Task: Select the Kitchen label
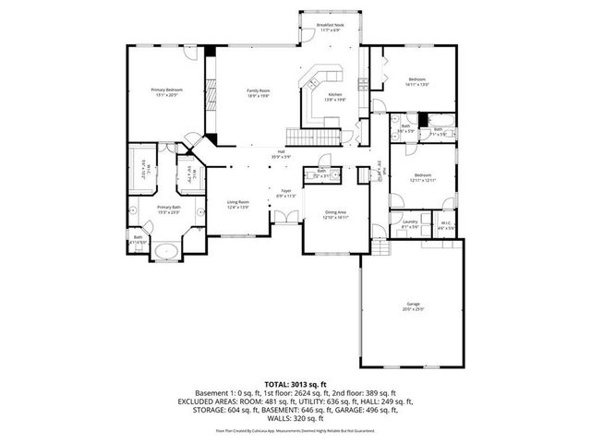(x=335, y=98)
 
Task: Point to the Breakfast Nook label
(x=330, y=28)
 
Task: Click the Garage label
(x=413, y=306)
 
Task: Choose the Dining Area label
(x=335, y=214)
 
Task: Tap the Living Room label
(x=238, y=204)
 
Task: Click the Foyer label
(x=286, y=194)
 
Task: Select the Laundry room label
(x=411, y=223)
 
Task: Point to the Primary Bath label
(x=167, y=210)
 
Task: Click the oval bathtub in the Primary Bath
(x=167, y=250)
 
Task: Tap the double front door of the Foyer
(x=288, y=219)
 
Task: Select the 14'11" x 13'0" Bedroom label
(x=418, y=82)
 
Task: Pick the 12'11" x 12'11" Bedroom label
(x=423, y=177)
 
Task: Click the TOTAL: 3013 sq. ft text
(x=295, y=384)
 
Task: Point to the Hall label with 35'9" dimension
(x=281, y=154)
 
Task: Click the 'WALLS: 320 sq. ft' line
(x=295, y=421)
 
